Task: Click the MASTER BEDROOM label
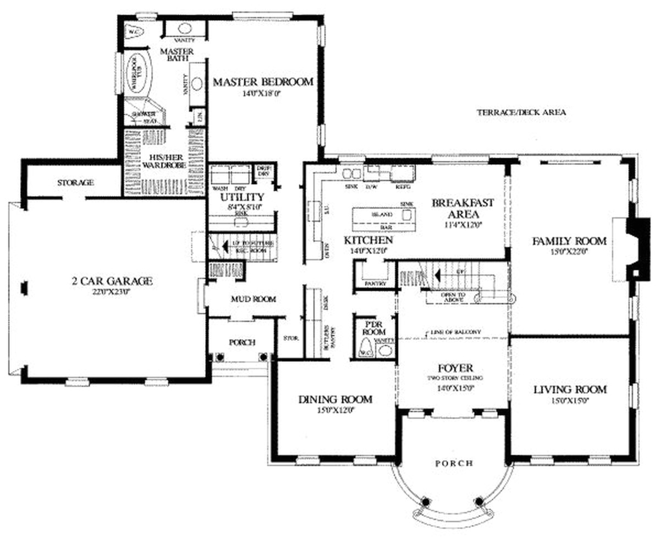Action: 263,82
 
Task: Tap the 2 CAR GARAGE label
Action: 112,281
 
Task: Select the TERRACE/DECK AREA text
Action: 521,112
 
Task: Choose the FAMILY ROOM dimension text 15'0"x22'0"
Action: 569,252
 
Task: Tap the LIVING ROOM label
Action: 570,390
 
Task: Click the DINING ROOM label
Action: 335,399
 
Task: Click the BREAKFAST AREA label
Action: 463,208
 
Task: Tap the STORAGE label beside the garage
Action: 75,182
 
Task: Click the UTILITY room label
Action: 242,197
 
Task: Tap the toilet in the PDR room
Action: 364,348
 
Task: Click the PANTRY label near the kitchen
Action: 375,284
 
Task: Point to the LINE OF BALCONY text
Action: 454,332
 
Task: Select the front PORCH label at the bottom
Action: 454,463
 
